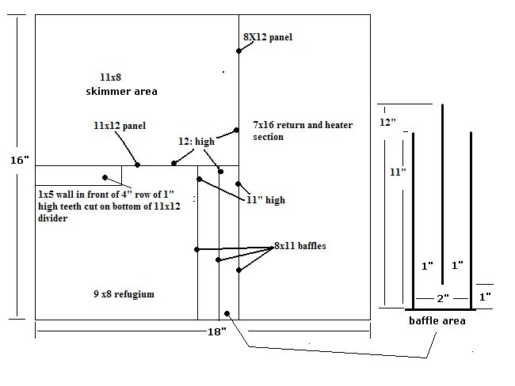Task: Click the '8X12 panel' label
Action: click(x=269, y=37)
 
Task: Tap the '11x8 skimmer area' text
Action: click(x=121, y=84)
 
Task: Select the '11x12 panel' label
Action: click(x=119, y=125)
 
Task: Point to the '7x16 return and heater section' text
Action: click(x=302, y=131)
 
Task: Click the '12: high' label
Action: click(x=195, y=142)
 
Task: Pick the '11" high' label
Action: click(x=265, y=200)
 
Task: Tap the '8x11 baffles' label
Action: click(x=300, y=246)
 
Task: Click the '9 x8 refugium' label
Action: click(x=124, y=294)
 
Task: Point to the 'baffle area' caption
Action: click(x=437, y=320)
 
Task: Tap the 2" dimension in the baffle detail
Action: click(x=442, y=298)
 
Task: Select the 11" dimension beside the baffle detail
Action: click(x=398, y=171)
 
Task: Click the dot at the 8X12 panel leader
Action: click(x=238, y=51)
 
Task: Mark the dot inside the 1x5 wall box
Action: click(x=104, y=177)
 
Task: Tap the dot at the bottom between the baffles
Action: click(x=227, y=313)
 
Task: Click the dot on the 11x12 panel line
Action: click(x=138, y=165)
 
